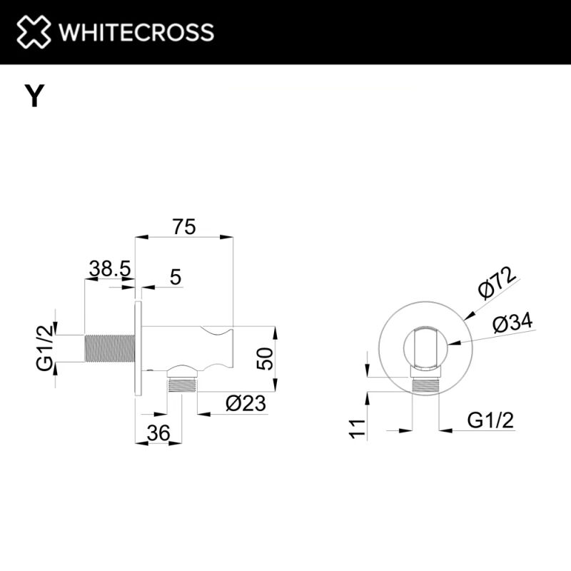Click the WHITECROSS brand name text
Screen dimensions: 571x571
(136, 32)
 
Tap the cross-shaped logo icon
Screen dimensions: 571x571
(34, 32)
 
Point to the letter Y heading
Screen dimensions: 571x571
(34, 96)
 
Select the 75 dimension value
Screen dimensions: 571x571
(184, 227)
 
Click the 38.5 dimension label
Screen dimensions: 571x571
(109, 269)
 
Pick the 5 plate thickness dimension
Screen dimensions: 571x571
(176, 276)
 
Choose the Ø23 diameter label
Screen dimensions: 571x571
(245, 404)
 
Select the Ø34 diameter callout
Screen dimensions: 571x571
(512, 323)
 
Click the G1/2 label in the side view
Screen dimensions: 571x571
(44, 346)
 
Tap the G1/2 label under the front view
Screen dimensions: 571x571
(491, 420)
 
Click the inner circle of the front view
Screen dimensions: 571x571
(425, 348)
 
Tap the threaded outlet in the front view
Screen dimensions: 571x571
(426, 383)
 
